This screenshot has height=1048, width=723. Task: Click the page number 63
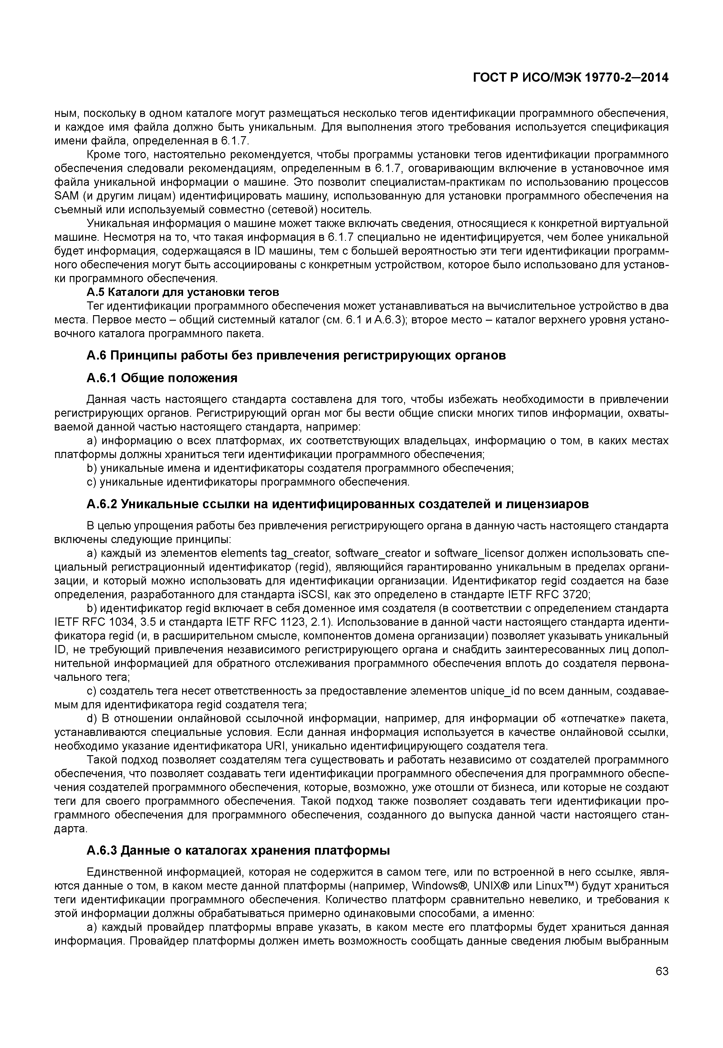click(661, 971)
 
